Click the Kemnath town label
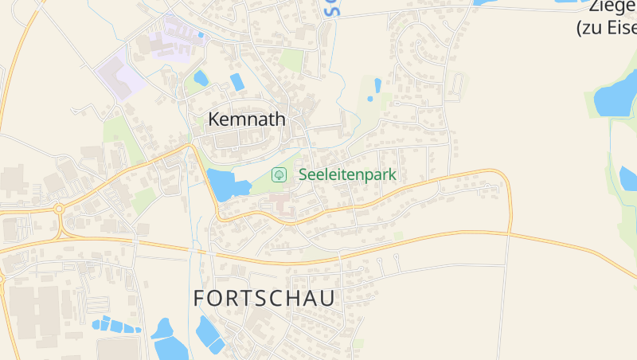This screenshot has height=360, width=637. click(246, 119)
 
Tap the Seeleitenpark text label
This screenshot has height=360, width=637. click(347, 174)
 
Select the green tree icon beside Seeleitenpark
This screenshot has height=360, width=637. click(279, 174)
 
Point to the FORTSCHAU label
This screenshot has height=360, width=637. click(264, 299)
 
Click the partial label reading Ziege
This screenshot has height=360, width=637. click(613, 7)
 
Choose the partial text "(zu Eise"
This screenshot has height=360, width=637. click(607, 28)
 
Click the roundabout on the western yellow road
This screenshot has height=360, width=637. click(59, 209)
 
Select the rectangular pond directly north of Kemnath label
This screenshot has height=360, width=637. click(236, 81)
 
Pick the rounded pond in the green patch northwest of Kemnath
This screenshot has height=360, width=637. click(201, 78)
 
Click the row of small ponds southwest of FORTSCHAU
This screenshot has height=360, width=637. click(115, 325)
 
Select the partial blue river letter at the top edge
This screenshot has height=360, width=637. click(332, 8)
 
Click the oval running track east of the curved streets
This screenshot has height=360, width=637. click(458, 83)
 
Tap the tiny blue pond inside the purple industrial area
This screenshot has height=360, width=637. click(201, 34)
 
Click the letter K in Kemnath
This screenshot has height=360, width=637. click(214, 119)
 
